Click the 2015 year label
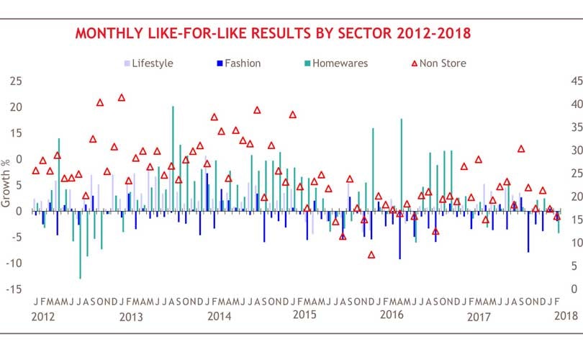(306, 317)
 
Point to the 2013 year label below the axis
(131, 317)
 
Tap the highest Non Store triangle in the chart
(122, 98)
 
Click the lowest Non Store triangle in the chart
(371, 255)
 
